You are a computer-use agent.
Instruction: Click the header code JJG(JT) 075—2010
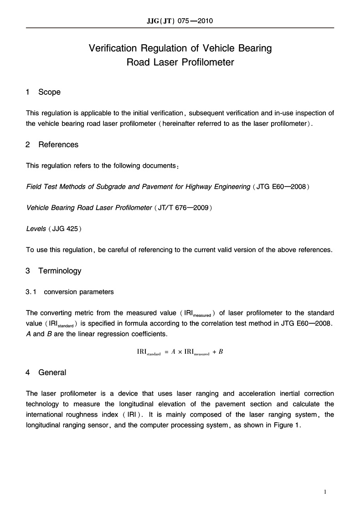tap(180, 21)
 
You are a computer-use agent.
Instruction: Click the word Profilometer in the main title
tap(207, 62)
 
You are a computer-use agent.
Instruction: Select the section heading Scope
tap(49, 92)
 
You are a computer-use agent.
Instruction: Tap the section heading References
tap(58, 145)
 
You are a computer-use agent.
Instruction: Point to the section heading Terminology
tap(60, 271)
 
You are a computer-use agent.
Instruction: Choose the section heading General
tap(52, 372)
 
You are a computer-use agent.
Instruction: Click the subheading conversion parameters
tap(79, 292)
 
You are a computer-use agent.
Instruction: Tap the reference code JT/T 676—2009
tap(185, 207)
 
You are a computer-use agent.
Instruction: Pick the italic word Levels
tap(36, 228)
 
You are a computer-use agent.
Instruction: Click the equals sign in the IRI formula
tap(166, 352)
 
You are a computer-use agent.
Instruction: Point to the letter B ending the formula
tap(221, 352)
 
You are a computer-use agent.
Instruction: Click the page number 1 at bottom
tap(325, 492)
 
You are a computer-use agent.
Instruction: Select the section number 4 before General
tap(28, 372)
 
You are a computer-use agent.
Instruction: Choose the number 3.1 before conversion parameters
tap(31, 292)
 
